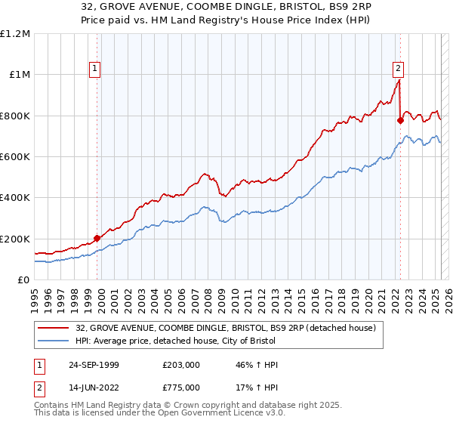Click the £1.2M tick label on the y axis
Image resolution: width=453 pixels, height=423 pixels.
pyautogui.click(x=15, y=33)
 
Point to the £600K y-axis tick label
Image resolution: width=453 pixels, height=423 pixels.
pyautogui.click(x=15, y=156)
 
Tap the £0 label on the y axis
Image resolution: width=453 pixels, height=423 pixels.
pyautogui.click(x=23, y=280)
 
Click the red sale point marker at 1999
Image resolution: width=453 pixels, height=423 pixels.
pyautogui.click(x=97, y=238)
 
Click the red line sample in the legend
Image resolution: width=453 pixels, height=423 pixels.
pyautogui.click(x=54, y=328)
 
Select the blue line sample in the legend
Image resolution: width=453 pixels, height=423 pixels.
pyautogui.click(x=54, y=341)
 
